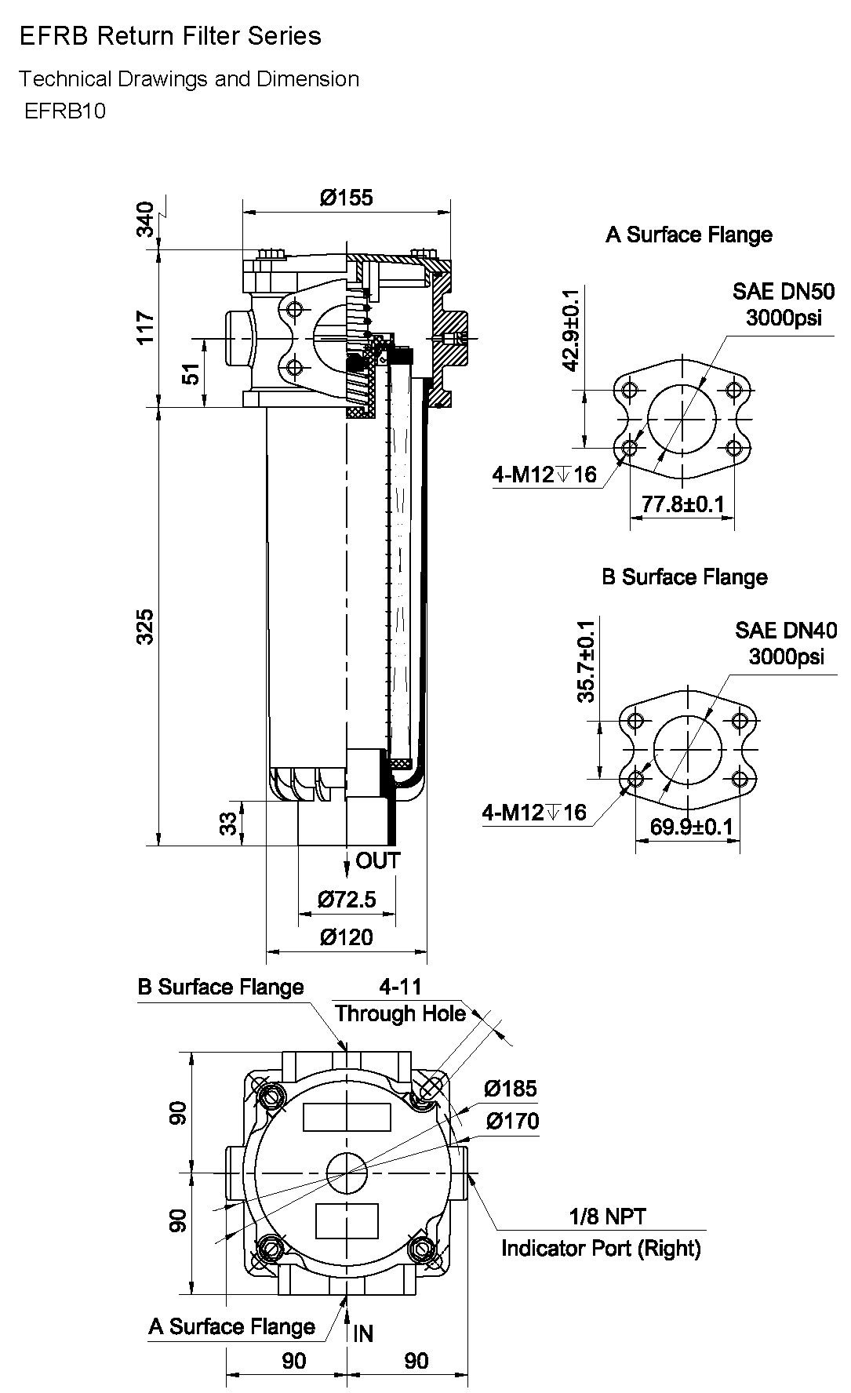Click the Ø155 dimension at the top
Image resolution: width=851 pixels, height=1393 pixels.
click(346, 197)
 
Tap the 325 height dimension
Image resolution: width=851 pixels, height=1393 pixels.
click(146, 626)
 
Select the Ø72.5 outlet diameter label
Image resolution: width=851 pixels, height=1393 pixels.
click(346, 899)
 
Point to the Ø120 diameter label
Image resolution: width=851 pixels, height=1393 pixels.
click(346, 937)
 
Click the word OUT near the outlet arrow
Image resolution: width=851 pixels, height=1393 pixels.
click(378, 860)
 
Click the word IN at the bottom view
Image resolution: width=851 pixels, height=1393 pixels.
click(363, 1333)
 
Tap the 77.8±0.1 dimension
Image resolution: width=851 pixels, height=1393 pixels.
click(682, 504)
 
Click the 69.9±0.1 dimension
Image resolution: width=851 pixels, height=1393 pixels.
click(691, 826)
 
